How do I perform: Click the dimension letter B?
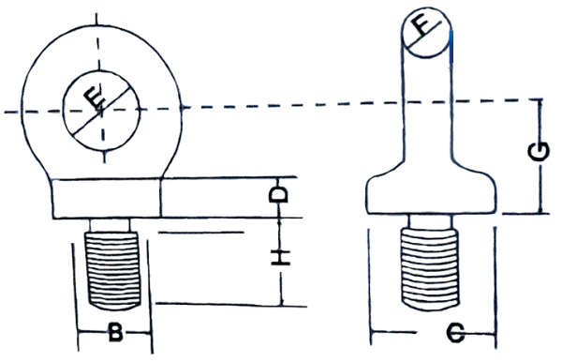point(115,333)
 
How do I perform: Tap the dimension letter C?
point(455,333)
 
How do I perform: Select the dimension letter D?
point(279,195)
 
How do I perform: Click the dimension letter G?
point(539,151)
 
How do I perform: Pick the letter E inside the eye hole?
point(95,98)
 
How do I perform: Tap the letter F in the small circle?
point(421,26)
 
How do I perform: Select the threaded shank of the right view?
point(429,269)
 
